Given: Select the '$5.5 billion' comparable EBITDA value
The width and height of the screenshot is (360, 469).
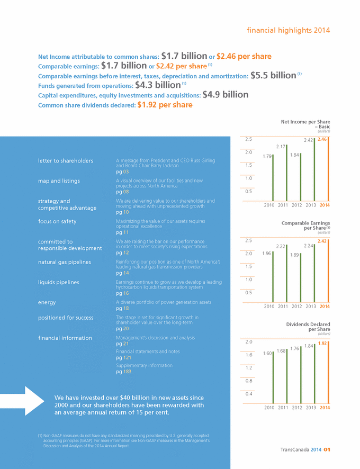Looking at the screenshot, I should click(x=273, y=76).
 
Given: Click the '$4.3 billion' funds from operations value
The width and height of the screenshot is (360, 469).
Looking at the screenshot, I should click(x=158, y=85).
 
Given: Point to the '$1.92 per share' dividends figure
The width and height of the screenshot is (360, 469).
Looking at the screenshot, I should click(x=165, y=105).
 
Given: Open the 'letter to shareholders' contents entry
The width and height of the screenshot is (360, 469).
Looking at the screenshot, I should click(x=66, y=160).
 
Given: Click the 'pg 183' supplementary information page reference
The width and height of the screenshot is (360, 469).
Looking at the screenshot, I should click(x=123, y=372).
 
